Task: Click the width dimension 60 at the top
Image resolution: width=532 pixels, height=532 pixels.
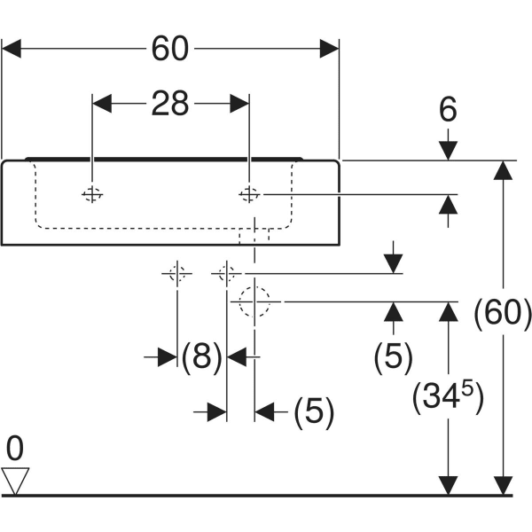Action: [169, 49]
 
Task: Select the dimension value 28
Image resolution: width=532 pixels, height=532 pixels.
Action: [169, 104]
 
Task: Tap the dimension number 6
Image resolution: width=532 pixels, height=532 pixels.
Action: [448, 110]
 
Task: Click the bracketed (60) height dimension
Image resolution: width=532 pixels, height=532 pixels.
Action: [503, 313]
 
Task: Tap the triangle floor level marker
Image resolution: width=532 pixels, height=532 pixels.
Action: [16, 481]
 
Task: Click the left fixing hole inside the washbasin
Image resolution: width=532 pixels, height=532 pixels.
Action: [92, 194]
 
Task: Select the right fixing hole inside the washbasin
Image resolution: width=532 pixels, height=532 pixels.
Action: [250, 194]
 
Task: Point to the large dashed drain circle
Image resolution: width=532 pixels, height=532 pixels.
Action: [254, 301]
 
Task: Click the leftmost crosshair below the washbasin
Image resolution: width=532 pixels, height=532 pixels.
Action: [177, 274]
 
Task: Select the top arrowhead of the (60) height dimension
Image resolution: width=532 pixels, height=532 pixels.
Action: [504, 171]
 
